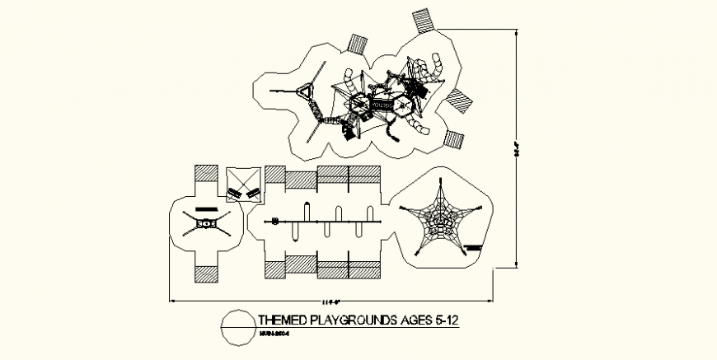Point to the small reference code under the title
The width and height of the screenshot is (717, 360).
pos(272,334)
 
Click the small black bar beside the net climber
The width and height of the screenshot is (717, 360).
pos(471,245)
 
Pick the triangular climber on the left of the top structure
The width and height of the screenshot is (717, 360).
pos(310,92)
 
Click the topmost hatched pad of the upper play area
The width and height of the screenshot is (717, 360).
pos(426,20)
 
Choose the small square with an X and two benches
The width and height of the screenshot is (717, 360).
pos(243,185)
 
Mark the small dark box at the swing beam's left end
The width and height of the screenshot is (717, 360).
pos(275,221)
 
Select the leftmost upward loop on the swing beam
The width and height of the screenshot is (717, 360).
pos(307,213)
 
